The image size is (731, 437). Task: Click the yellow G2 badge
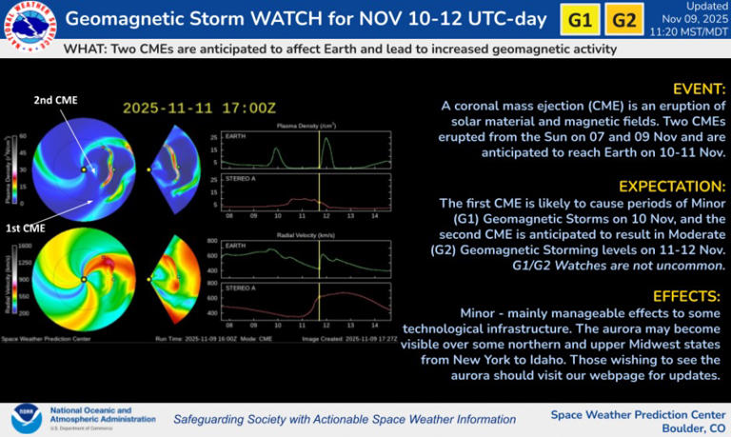[623, 20]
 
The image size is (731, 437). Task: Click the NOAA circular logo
[26, 417]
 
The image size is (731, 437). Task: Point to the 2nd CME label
[56, 100]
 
